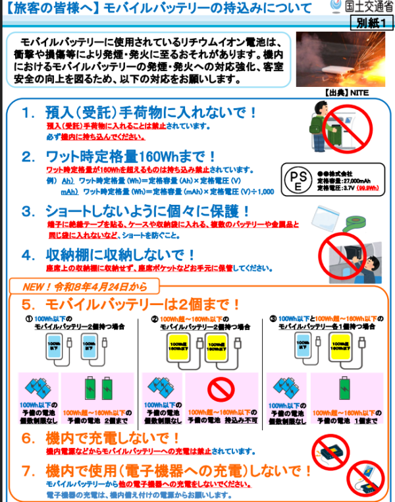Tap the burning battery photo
click(340, 59)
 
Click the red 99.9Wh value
click(369, 188)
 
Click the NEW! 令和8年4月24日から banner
click(84, 287)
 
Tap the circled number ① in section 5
click(29, 318)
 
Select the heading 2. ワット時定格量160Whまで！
click(118, 157)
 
